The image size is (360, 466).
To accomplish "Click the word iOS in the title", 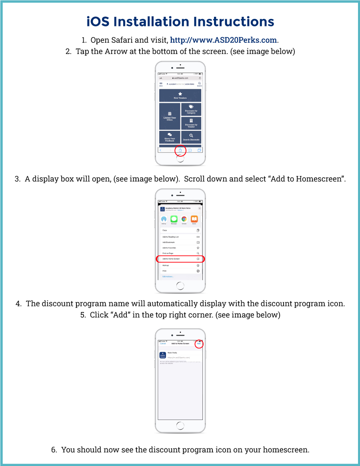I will [98, 22].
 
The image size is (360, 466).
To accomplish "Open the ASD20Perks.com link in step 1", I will [224, 40].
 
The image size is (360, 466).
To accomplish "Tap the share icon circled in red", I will [180, 150].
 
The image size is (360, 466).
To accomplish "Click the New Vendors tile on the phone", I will [180, 95].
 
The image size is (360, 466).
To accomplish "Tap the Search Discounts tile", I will [191, 137].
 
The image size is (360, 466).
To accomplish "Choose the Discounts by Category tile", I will [191, 109].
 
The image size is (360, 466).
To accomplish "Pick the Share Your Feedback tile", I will [170, 137].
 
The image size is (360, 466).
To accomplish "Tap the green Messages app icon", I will [174, 219].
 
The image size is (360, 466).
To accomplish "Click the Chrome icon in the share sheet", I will [184, 219].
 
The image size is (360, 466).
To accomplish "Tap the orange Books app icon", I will [194, 219].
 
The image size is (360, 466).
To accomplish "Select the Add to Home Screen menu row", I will [180, 259].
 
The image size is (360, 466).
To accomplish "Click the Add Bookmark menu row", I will [180, 242].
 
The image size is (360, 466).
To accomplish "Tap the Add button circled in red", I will [199, 344].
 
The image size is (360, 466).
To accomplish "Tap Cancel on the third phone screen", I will [163, 344].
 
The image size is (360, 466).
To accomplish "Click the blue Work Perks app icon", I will [162, 355].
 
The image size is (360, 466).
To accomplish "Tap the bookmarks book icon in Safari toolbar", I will [190, 150].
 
